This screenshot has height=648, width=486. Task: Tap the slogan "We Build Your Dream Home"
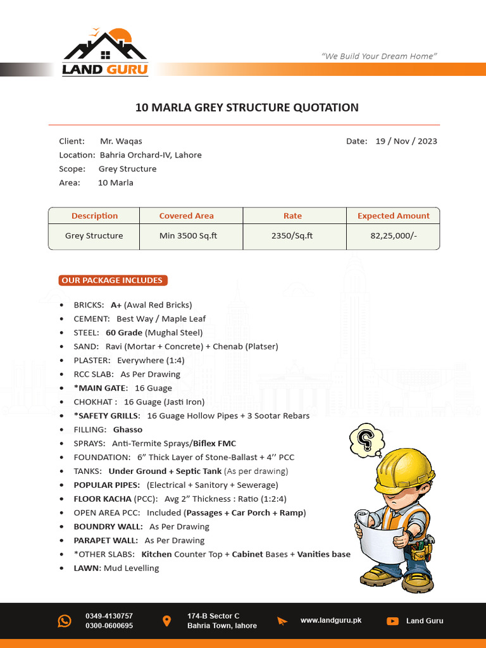coord(379,56)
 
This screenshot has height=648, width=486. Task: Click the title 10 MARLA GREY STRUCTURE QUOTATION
coord(247,108)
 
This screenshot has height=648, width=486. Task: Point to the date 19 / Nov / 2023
coord(406,141)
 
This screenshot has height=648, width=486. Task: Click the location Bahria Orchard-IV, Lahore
coord(151,155)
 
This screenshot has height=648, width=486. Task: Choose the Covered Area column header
coord(186,216)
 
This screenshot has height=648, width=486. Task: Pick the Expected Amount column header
coord(393,216)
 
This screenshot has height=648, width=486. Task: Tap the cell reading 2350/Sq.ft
coord(292,236)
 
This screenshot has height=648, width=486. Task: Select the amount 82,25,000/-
coord(394,236)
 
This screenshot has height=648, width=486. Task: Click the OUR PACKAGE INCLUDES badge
coord(112,280)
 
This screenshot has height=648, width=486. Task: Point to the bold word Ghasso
coord(128,430)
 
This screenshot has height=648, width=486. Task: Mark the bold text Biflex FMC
coord(215,444)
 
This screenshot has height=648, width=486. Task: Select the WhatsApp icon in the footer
coord(65,621)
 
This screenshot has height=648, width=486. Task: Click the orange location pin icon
coord(166,621)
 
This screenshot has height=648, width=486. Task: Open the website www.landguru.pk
coord(330,621)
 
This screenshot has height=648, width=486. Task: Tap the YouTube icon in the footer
coord(392,621)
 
